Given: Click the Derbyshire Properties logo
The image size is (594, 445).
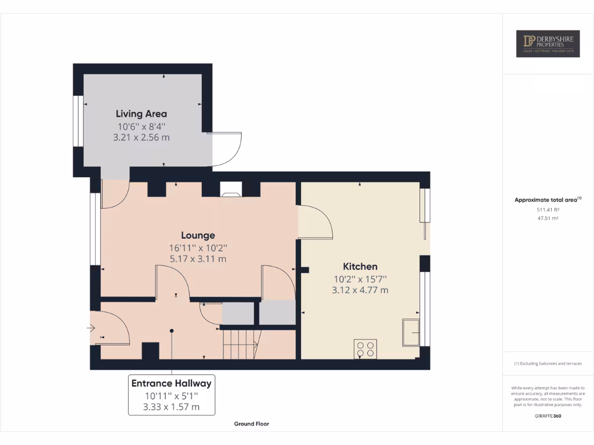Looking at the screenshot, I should point(548,43).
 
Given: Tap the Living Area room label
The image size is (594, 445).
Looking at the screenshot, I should point(141,114).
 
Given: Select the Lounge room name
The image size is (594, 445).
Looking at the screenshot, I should point(198,235).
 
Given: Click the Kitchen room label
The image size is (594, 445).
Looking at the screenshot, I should point(360,267).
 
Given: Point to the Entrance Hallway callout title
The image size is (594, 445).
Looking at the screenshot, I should point(171,383).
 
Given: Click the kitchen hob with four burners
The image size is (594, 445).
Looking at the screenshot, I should point(365,349).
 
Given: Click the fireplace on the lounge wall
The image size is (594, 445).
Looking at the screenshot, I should point(231,188).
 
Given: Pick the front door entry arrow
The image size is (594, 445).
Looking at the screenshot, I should point(91,329).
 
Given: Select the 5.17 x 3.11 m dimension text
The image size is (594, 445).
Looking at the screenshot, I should point(198,259).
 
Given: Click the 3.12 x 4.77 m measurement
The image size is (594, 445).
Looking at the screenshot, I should point(360,290).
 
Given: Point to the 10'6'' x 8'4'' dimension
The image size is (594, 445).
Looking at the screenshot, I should point(141,126).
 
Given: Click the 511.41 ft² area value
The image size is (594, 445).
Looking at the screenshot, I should point(548,209).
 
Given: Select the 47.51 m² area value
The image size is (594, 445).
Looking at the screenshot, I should point(548,218).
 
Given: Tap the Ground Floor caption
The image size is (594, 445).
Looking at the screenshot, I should point(251,424).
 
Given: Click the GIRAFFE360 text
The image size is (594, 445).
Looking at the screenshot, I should point(548,416).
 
